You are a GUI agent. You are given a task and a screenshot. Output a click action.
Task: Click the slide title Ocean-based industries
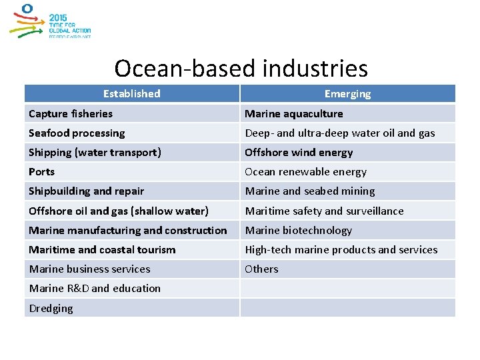point(241,68)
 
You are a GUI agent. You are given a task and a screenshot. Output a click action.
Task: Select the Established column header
point(132,94)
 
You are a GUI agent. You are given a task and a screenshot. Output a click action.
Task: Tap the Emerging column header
point(347,94)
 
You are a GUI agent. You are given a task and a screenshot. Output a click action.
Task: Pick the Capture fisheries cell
point(71,114)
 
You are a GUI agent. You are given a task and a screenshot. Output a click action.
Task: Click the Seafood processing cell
point(77,133)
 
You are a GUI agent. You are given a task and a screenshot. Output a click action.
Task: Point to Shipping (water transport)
point(95,153)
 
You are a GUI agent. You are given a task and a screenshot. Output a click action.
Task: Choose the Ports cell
point(42,172)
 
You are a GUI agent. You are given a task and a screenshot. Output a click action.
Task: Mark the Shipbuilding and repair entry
point(86,191)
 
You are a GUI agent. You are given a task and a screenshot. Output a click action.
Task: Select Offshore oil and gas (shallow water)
point(119,211)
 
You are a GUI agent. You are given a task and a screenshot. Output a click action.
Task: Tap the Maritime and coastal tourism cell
point(102,250)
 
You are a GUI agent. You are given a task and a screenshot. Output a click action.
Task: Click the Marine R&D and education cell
point(95,289)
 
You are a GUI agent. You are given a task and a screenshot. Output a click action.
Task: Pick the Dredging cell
point(51,309)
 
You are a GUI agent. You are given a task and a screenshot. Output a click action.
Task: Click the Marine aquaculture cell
point(294,114)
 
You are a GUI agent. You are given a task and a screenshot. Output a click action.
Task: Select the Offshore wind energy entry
point(299,153)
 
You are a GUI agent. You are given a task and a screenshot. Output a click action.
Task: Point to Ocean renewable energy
point(305,172)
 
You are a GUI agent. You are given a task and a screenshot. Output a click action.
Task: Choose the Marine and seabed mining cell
point(309,191)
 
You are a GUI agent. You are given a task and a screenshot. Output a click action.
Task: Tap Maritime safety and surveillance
point(324,211)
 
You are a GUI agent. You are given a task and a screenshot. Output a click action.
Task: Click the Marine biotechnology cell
point(298,231)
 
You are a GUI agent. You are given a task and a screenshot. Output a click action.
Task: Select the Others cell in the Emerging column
point(262,269)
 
